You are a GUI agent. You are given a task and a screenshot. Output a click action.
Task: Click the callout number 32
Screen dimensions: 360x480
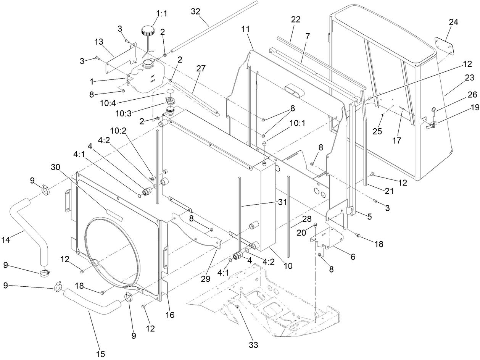195,11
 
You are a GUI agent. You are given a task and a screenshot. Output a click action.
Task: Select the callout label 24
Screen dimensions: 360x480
453,23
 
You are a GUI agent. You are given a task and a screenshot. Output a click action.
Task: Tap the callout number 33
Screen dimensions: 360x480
253,345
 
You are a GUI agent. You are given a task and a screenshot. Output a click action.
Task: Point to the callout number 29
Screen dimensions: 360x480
206,279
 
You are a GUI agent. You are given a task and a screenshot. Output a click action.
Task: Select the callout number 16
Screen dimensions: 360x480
170,315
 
